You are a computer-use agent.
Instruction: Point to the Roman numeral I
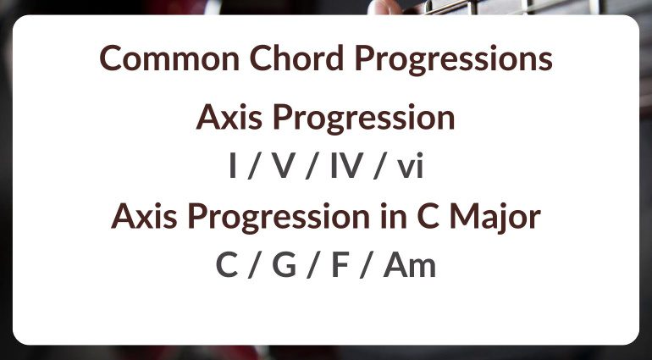pyautogui.click(x=232, y=167)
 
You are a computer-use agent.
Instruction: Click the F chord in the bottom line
pyautogui.click(x=340, y=266)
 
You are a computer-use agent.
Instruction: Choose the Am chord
pyautogui.click(x=409, y=266)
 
